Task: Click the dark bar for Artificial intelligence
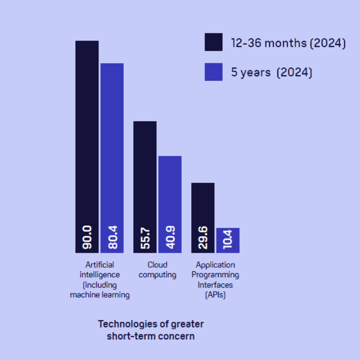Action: (x=87, y=135)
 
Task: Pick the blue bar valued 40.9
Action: (x=170, y=193)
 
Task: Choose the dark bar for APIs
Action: (x=203, y=207)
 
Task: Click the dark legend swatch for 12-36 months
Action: (x=213, y=42)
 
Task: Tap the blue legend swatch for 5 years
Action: (x=213, y=72)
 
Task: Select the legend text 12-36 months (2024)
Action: (x=288, y=43)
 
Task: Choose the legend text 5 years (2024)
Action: (x=271, y=73)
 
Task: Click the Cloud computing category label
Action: (x=157, y=270)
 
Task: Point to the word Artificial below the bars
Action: (x=99, y=265)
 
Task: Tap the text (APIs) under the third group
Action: (x=215, y=296)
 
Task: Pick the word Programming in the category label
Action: (x=215, y=275)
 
